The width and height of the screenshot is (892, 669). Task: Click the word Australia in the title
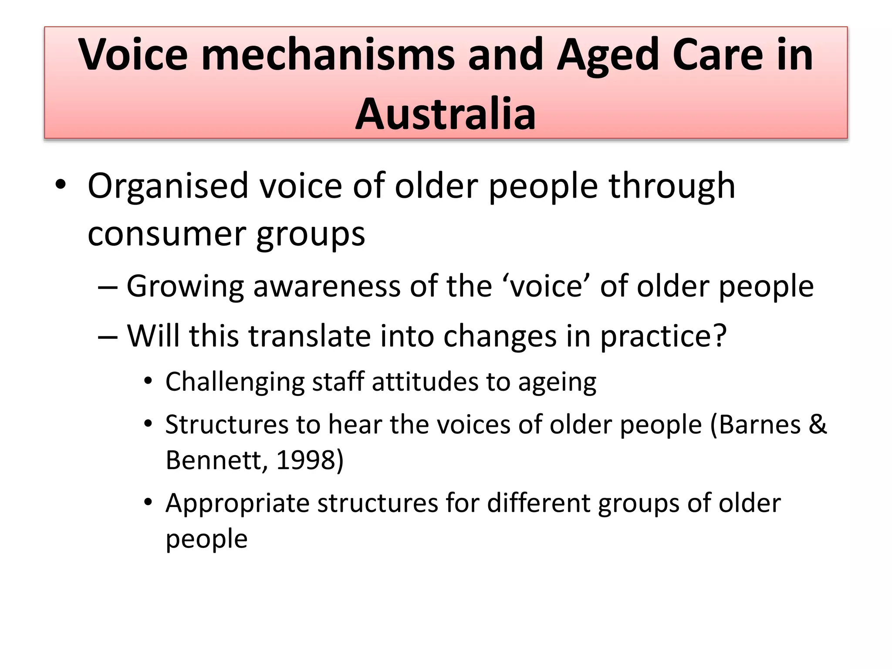pos(445,114)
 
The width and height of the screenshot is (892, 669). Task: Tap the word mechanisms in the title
pos(328,54)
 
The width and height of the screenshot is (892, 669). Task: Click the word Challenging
pos(235,382)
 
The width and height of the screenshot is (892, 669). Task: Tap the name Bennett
pos(213,460)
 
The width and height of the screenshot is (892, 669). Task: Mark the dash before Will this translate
pos(108,337)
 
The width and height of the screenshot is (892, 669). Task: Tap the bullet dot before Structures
pos(149,423)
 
